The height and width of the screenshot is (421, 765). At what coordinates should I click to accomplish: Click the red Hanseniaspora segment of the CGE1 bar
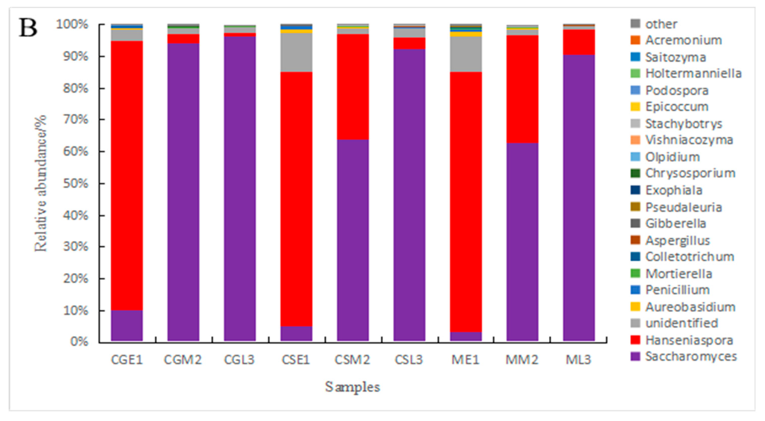127,175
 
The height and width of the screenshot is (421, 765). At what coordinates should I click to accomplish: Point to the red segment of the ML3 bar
579,42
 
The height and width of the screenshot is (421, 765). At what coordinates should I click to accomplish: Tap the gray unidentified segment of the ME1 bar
466,54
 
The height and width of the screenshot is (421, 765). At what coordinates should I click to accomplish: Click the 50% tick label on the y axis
76,184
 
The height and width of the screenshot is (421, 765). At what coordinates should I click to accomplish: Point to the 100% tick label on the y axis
73,24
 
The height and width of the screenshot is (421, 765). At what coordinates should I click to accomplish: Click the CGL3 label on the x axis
239,360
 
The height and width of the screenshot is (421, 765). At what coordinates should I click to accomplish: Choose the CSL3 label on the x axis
409,360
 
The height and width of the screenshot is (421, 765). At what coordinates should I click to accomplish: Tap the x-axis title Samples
352,387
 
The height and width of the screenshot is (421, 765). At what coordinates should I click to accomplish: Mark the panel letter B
28,27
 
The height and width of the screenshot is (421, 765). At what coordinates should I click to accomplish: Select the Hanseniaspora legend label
689,340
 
